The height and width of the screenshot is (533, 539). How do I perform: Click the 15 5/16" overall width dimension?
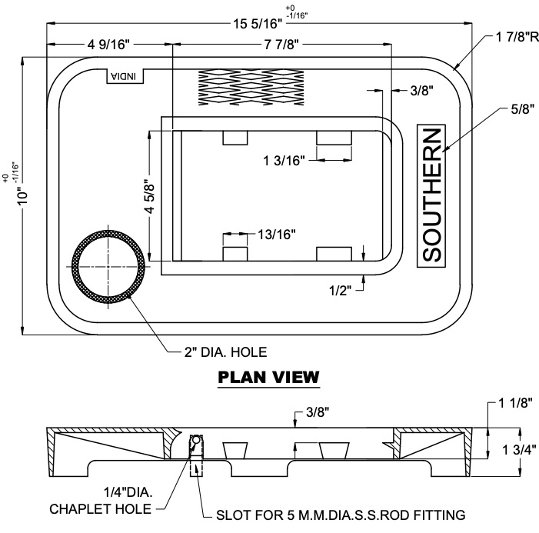(258, 24)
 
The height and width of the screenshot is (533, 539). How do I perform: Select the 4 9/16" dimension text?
(108, 45)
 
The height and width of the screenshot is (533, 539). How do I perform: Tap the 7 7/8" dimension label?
(281, 45)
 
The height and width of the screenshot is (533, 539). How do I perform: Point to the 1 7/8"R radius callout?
(517, 37)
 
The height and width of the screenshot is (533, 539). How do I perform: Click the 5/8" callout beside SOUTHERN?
(523, 109)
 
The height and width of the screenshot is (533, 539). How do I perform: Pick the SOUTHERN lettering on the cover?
(431, 195)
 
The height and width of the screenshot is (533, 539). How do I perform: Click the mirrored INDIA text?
(125, 76)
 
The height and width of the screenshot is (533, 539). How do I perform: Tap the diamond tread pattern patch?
(251, 87)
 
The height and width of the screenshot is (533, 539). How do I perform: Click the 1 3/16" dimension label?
(284, 161)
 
